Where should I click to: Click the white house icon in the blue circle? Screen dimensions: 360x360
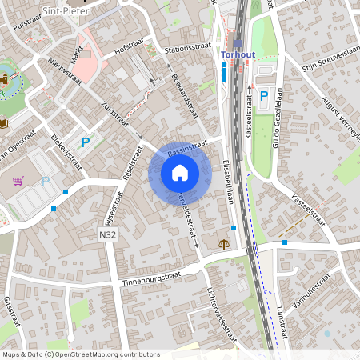point(180,172)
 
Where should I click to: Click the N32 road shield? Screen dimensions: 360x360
point(109,235)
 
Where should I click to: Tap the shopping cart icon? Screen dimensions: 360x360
point(18,181)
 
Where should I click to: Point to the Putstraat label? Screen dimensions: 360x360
point(27,24)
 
